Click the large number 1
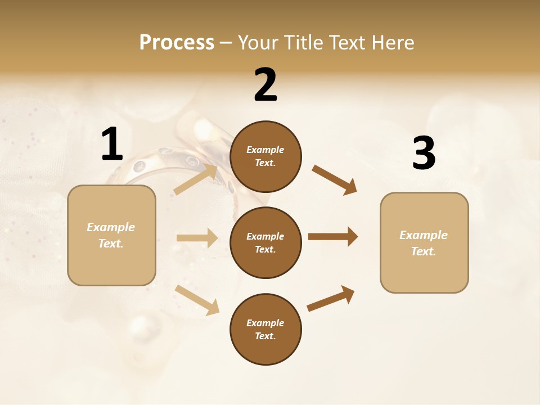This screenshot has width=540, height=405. tap(112, 144)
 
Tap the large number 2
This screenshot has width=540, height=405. tap(265, 85)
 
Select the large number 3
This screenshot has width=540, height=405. tap(424, 154)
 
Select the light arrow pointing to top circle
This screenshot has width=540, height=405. tap(196, 179)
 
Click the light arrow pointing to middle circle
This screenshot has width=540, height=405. tap(197, 238)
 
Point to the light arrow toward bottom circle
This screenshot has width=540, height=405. tap(197, 300)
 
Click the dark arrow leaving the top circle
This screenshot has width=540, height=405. tap(335, 180)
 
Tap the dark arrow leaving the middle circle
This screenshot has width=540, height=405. tap(333, 237)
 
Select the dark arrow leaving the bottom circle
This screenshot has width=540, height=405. tap(331, 299)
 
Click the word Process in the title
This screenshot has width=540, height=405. tap(177, 42)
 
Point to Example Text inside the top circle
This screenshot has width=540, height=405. tap(265, 156)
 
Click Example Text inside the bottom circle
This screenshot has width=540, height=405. tap(265, 330)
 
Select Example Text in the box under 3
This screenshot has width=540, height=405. tap(424, 243)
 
